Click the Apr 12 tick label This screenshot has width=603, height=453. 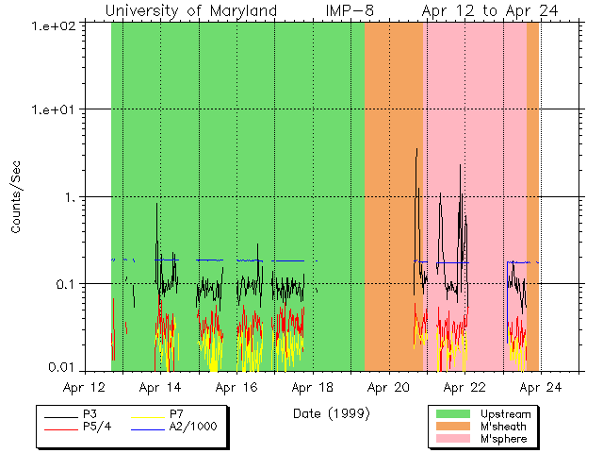(x=85, y=387)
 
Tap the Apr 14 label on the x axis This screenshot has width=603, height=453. (x=161, y=387)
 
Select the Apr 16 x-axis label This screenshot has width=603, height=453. (x=237, y=387)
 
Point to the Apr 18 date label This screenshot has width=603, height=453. (x=313, y=387)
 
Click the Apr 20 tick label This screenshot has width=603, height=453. (x=388, y=387)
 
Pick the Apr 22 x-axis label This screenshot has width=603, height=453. (x=464, y=387)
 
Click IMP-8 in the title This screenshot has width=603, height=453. (x=337, y=10)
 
